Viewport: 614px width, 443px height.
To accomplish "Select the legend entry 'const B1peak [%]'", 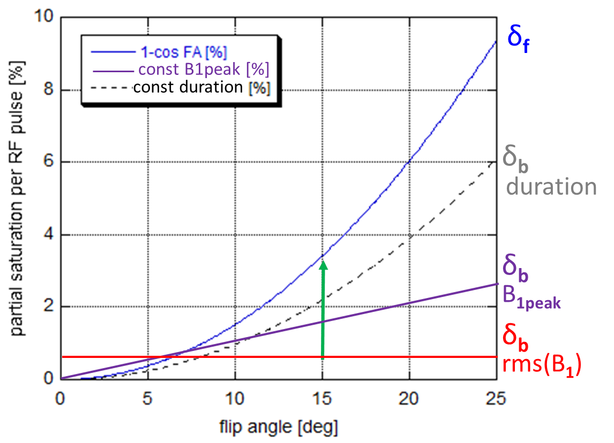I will [x=204, y=70].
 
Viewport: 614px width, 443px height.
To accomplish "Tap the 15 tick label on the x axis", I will [x=322, y=398].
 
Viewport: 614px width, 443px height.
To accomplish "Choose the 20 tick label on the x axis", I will [x=409, y=398].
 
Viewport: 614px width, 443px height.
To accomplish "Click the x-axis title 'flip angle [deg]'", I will [x=279, y=426].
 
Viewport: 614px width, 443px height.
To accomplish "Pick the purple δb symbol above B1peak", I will [x=515, y=266].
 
